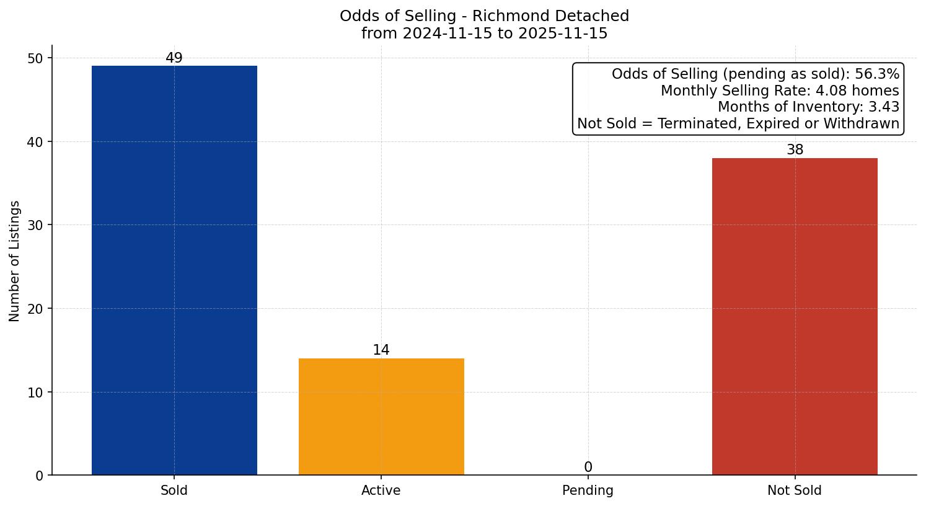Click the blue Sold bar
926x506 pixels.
174,270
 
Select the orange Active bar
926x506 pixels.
381,417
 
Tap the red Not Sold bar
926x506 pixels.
795,316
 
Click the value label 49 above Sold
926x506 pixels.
174,58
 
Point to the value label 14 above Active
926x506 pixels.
381,350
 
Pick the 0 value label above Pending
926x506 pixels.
588,467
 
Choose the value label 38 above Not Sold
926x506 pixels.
795,150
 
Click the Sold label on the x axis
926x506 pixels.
174,490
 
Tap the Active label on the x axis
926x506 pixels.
381,490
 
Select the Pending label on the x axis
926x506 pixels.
588,490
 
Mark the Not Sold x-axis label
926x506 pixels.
795,490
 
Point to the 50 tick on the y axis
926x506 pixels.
35,58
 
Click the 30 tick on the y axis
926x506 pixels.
35,225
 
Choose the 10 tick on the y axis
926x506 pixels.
35,393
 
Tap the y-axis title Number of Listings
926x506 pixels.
15,261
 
